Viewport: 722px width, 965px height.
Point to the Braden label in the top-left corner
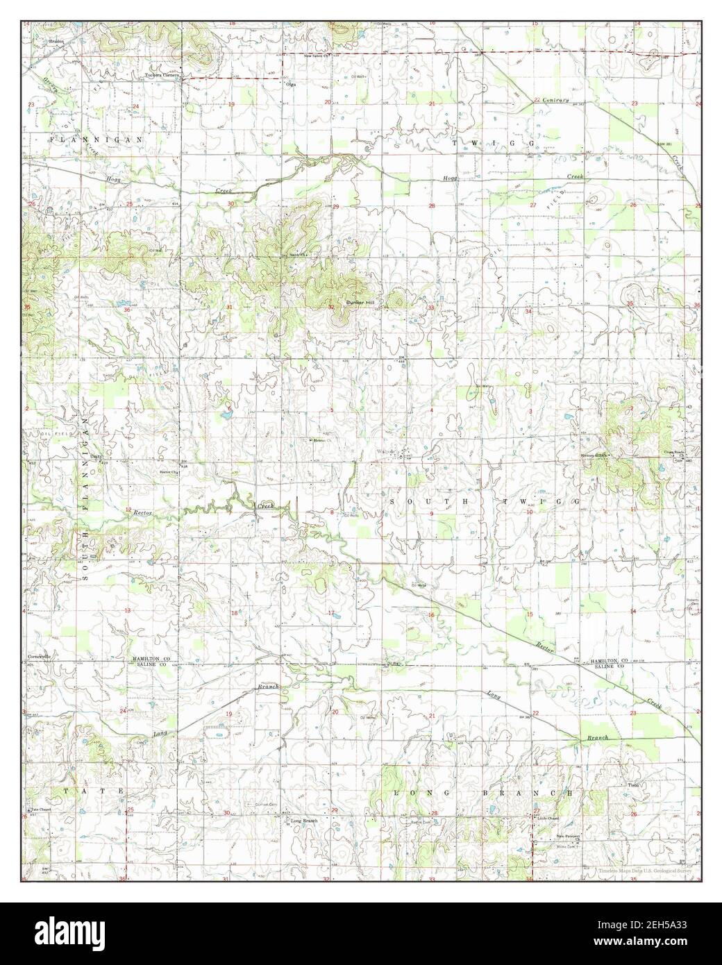click(x=56, y=41)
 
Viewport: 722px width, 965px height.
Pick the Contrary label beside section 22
click(x=557, y=101)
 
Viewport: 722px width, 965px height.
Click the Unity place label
click(x=97, y=456)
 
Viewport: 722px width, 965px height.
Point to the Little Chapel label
click(x=548, y=818)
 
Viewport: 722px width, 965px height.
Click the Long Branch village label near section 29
click(x=303, y=821)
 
